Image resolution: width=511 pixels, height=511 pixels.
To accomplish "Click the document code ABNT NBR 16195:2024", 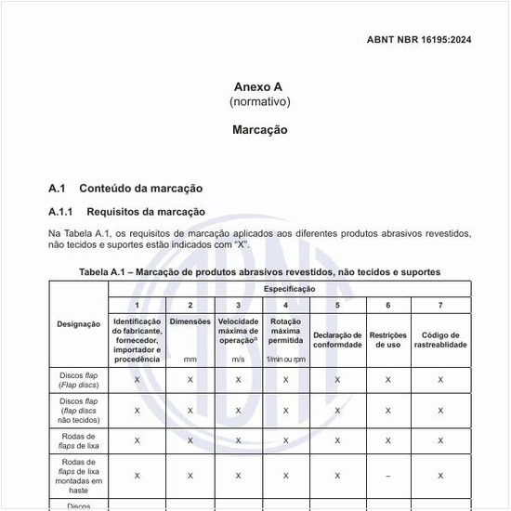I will click(419, 40).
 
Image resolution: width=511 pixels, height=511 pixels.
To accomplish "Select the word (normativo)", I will click(259, 101).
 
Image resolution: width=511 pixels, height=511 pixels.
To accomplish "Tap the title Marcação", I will click(259, 130).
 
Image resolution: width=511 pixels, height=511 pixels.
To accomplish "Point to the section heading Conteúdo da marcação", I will click(140, 188).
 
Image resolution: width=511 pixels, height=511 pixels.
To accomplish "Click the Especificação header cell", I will click(289, 289).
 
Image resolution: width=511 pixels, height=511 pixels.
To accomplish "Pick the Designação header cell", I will click(78, 324).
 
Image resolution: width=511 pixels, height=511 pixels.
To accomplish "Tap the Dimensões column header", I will click(190, 321).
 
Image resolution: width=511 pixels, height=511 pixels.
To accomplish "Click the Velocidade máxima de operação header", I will click(238, 332).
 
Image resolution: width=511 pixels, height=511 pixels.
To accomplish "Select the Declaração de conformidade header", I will click(337, 339).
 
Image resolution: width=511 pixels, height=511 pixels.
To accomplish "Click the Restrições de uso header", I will click(387, 339).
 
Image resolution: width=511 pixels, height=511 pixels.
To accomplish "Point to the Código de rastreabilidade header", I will click(440, 339).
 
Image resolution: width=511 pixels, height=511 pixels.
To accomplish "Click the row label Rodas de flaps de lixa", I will click(78, 440).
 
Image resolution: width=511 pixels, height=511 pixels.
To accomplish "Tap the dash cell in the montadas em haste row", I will click(387, 475).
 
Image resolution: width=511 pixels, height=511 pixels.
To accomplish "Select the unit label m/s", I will click(238, 359).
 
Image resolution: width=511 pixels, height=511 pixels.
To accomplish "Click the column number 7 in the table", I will click(440, 306).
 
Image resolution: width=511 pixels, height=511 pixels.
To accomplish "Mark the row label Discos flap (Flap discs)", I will click(78, 379).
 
